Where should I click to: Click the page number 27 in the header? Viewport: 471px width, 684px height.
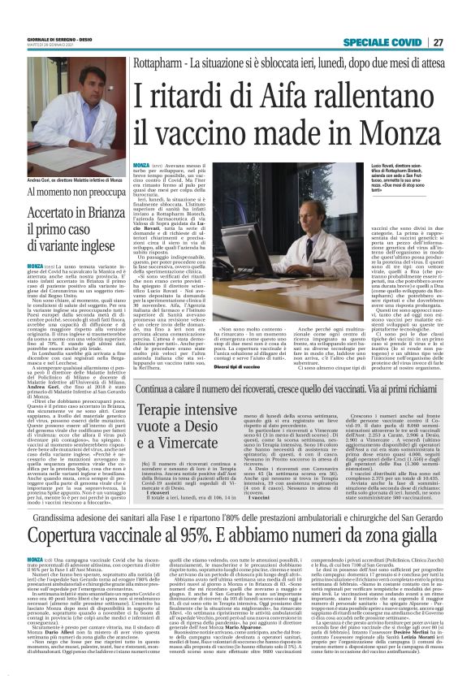coord(438,42)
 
